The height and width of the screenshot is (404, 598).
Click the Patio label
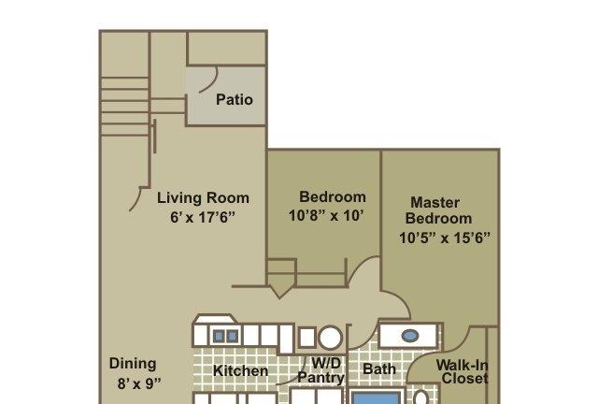click(235, 100)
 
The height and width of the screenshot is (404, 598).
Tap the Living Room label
click(203, 198)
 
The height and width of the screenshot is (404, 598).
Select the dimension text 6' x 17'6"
click(202, 217)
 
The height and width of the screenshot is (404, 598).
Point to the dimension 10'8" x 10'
click(326, 216)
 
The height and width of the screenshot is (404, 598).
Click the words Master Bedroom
click(438, 210)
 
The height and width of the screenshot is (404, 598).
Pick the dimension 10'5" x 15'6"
click(445, 238)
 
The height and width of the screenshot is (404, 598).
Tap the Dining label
click(133, 364)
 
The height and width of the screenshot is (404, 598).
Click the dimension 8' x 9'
click(139, 383)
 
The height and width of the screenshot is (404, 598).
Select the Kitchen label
click(240, 370)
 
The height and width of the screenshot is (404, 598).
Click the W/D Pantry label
click(321, 370)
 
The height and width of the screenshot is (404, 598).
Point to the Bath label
click(379, 368)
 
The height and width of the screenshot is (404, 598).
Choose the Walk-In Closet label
click(463, 371)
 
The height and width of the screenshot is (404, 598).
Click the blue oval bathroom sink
click(410, 336)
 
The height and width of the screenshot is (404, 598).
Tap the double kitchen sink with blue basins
click(226, 337)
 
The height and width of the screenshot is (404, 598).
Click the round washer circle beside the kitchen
click(330, 338)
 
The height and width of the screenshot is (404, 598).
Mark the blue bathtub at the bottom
click(376, 397)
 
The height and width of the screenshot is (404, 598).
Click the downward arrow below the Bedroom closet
click(280, 292)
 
